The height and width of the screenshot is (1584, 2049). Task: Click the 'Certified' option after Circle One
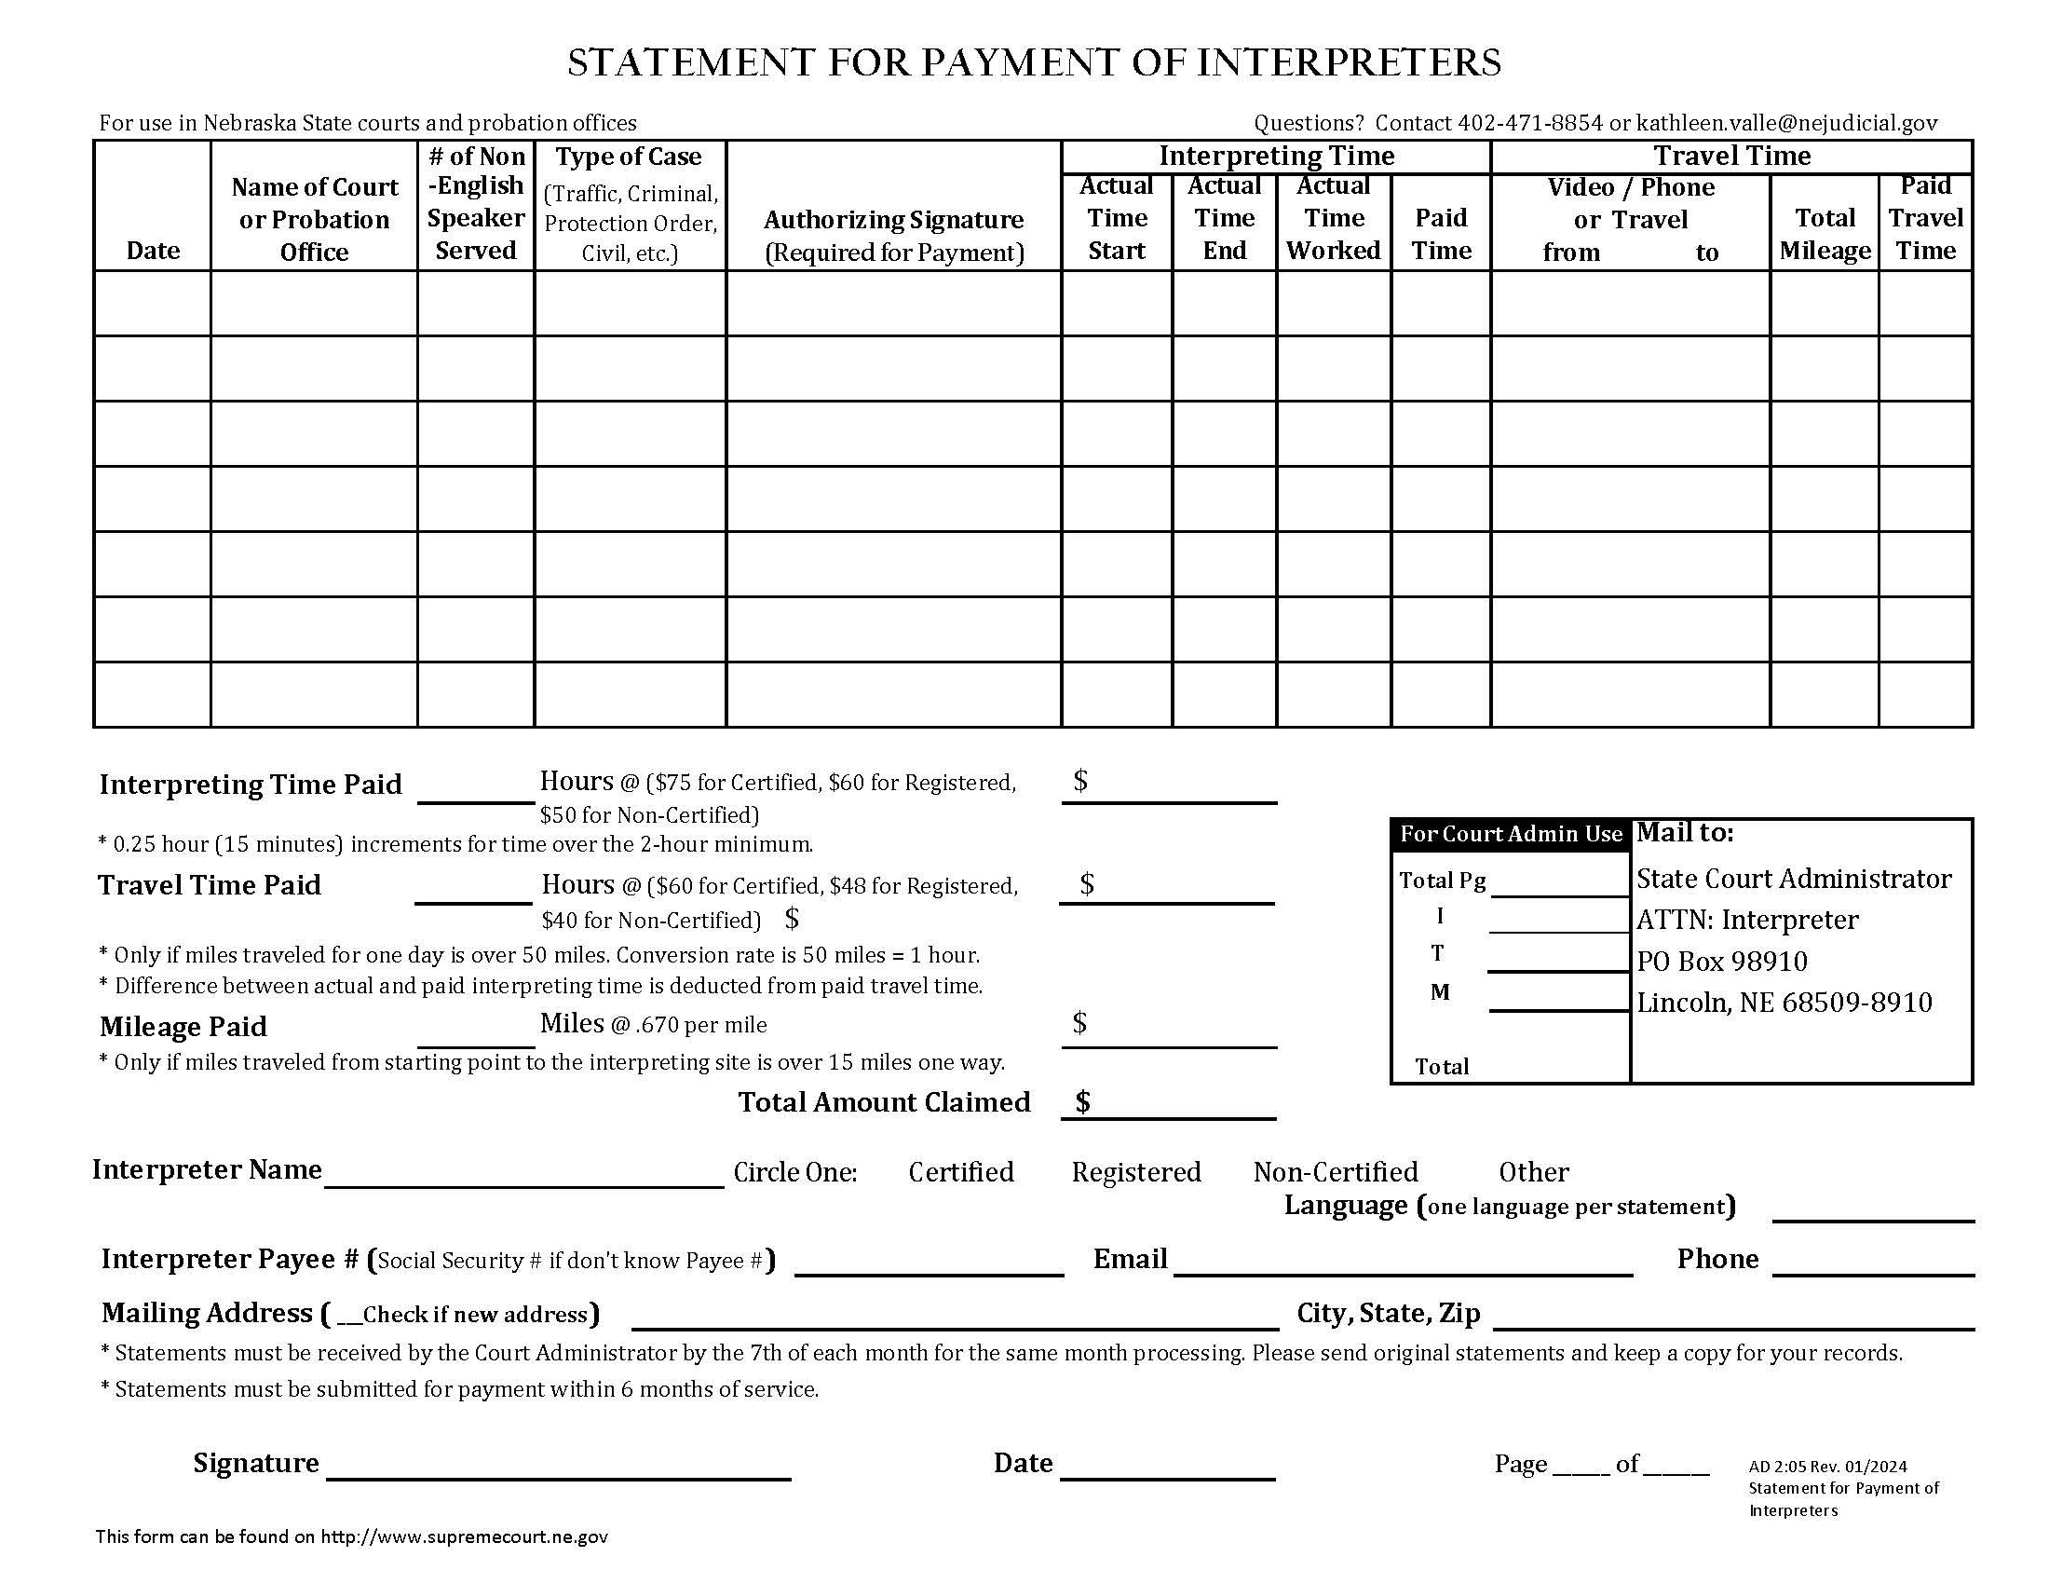coord(961,1172)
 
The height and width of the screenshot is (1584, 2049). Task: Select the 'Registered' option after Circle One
coord(1136,1172)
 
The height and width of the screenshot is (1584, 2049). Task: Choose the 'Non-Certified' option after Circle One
coord(1335,1172)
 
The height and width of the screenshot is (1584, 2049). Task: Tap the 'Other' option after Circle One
coord(1533,1172)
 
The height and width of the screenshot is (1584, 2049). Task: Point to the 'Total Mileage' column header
coord(1825,235)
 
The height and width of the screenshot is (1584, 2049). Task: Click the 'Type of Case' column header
coord(629,157)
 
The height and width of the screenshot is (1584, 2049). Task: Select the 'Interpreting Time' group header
coord(1276,156)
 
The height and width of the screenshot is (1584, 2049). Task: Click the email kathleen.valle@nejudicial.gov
coord(1786,123)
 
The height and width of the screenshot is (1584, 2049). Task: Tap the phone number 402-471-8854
coord(1529,123)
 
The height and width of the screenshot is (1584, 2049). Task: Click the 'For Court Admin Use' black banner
coord(1511,834)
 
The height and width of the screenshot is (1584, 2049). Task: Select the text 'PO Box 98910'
coord(1721,961)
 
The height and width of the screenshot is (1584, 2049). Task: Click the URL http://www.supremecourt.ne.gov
coord(465,1536)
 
